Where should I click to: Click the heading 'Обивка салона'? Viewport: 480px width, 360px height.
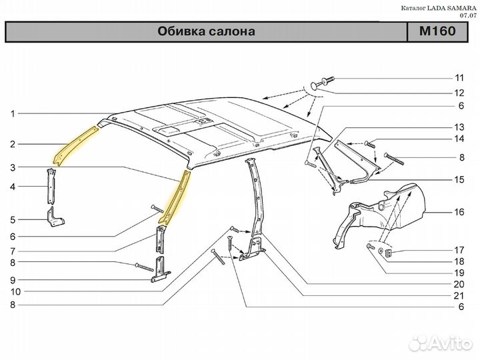[x=207, y=31]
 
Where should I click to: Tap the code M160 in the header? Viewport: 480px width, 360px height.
[x=437, y=31]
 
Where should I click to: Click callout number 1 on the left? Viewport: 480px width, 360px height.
[x=12, y=114]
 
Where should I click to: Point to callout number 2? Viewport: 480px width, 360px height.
[x=12, y=143]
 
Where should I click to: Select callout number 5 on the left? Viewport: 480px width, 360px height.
[x=12, y=219]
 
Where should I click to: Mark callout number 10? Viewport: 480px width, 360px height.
[x=12, y=291]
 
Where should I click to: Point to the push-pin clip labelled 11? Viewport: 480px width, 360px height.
[x=325, y=81]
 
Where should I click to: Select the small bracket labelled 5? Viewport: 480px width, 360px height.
[x=54, y=219]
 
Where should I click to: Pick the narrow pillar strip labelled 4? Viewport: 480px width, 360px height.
[x=51, y=187]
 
